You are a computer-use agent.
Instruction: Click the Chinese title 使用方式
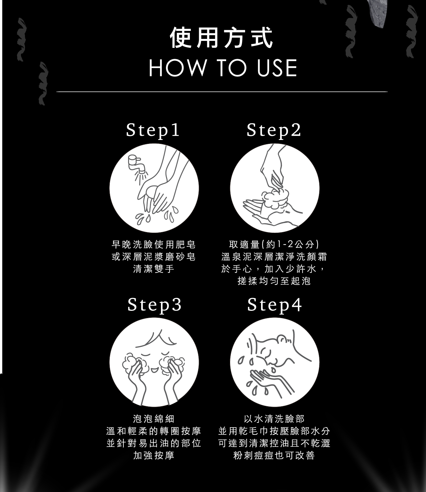click(x=221, y=38)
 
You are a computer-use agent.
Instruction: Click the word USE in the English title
click(x=277, y=68)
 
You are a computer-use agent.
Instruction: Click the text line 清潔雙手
click(x=154, y=269)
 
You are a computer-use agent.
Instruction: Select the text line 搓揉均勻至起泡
click(x=274, y=281)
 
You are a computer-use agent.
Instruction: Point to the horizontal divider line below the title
click(x=222, y=92)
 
